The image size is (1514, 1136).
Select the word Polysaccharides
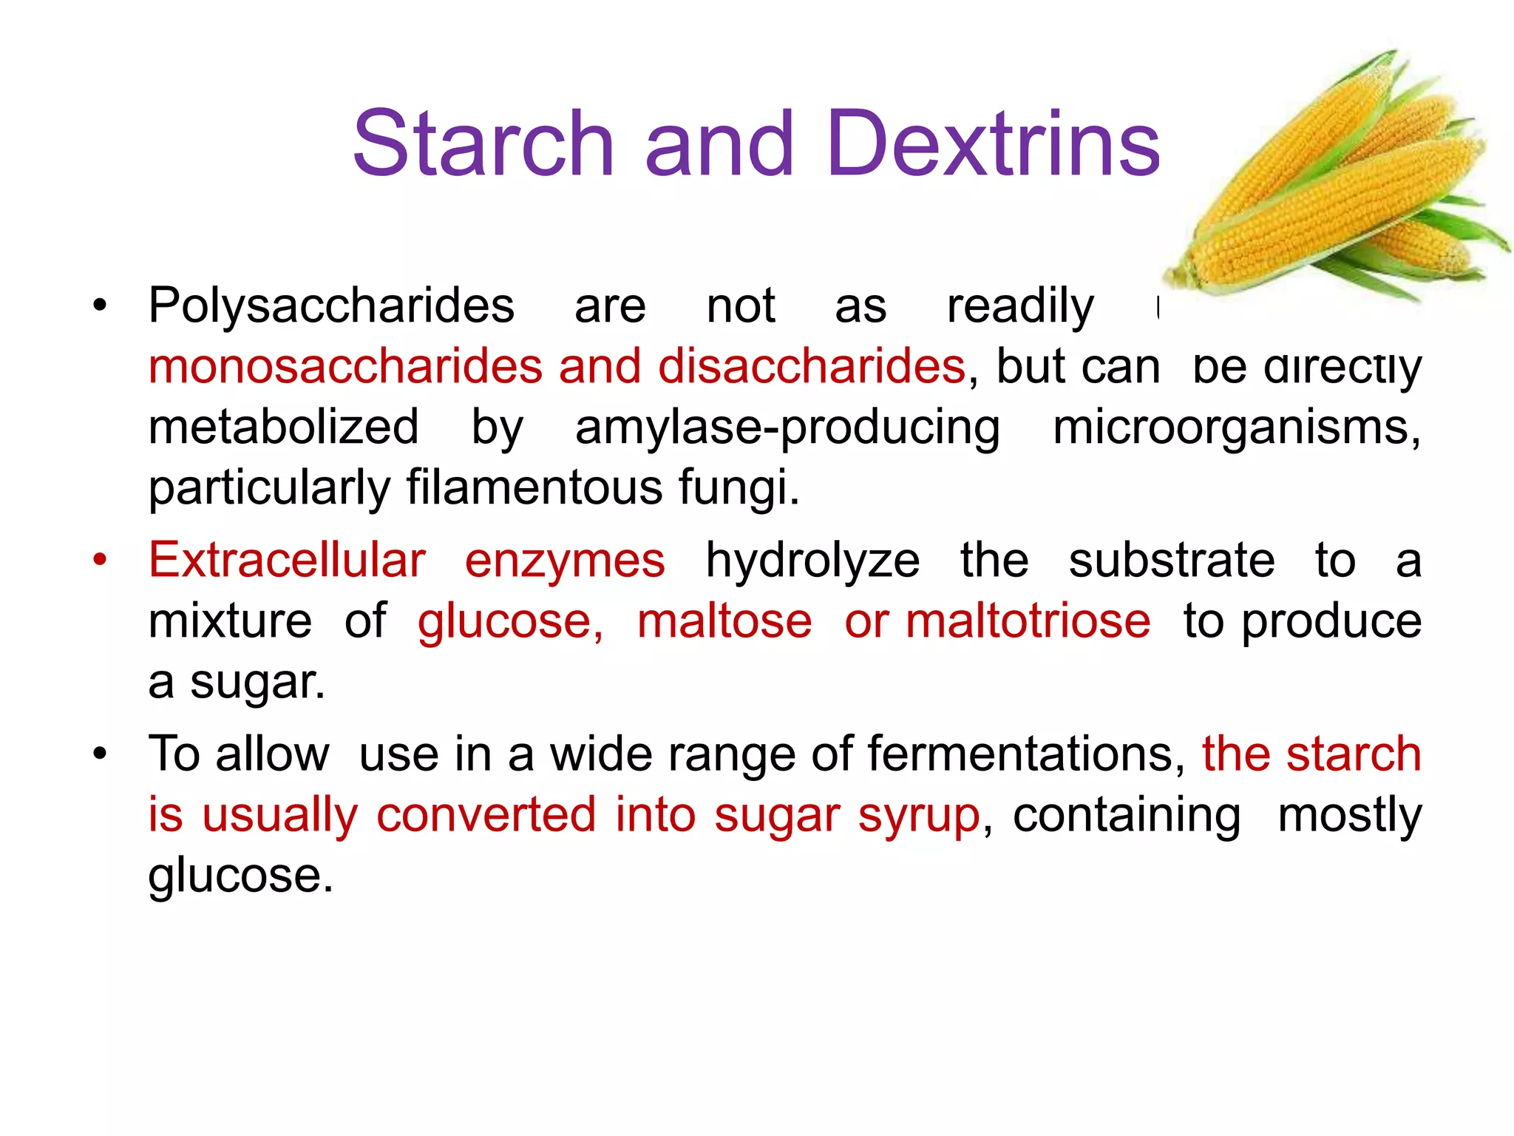(x=331, y=305)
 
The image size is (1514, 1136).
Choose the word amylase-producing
(x=787, y=427)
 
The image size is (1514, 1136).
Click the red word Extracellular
(x=287, y=560)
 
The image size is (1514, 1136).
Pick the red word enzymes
(x=565, y=560)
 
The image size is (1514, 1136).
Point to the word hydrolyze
(x=812, y=560)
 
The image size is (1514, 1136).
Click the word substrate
(x=1172, y=560)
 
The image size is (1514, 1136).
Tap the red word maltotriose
(x=1028, y=621)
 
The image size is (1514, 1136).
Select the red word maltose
(x=724, y=621)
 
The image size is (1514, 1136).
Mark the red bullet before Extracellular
(x=100, y=560)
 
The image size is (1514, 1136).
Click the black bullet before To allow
(x=100, y=754)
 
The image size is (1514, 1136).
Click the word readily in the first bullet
(x=1020, y=305)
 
